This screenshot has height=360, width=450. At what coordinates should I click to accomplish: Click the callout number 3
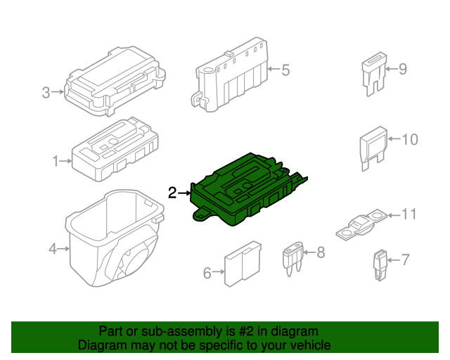(x=46, y=92)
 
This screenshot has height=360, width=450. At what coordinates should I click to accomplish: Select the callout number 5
(x=285, y=70)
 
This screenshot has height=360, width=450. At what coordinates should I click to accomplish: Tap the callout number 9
(x=402, y=69)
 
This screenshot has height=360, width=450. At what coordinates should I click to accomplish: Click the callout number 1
(x=56, y=162)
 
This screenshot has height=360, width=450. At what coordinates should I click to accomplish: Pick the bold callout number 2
(x=172, y=193)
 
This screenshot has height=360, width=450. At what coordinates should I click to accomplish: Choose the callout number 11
(x=409, y=214)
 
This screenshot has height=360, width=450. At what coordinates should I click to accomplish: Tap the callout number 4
(x=52, y=248)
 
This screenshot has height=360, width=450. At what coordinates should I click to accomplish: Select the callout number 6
(x=207, y=273)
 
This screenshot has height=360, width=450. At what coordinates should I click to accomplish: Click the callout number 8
(x=321, y=251)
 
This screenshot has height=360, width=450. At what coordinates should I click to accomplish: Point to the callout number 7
(x=404, y=260)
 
